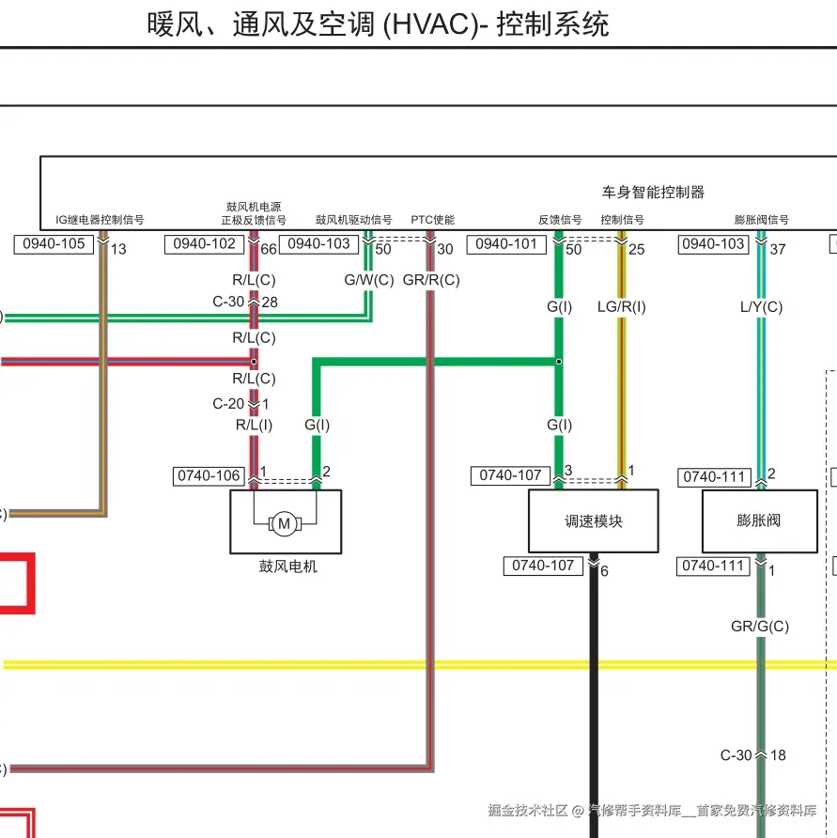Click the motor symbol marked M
click(284, 523)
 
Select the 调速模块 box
click(593, 521)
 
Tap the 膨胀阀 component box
click(759, 520)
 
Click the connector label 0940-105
click(54, 244)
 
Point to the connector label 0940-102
click(204, 244)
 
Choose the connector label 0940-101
click(506, 244)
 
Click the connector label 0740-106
click(209, 476)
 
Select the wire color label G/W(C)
click(369, 280)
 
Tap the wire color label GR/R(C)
click(431, 280)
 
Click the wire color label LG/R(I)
click(622, 306)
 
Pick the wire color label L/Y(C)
click(761, 306)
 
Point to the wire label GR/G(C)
click(759, 626)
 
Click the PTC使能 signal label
click(432, 220)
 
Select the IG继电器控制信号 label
click(100, 220)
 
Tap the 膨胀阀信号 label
click(761, 220)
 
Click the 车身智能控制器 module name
click(652, 192)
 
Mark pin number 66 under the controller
click(269, 249)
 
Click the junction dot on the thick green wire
click(559, 361)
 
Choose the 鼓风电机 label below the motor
click(287, 566)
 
